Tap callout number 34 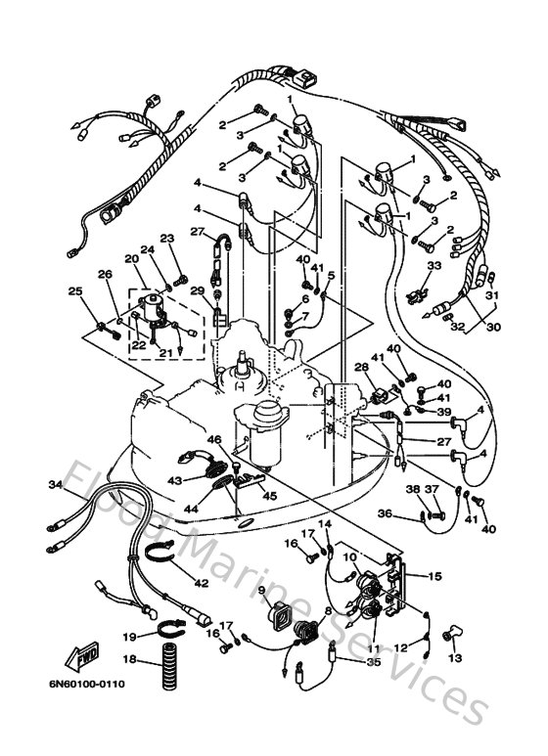(55, 485)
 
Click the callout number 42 (201, 584)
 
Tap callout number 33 (434, 265)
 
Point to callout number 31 (492, 296)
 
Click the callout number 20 (132, 258)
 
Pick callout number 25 (74, 290)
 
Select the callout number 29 (196, 291)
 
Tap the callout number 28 (360, 368)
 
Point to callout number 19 (128, 637)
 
